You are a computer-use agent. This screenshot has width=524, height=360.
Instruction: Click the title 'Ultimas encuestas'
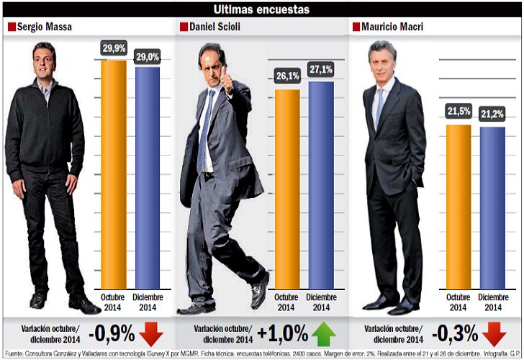pyautogui.click(x=262, y=9)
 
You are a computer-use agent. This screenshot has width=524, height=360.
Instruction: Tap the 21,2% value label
pyautogui.click(x=492, y=114)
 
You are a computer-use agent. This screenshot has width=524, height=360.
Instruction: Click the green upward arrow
pyautogui.click(x=324, y=334)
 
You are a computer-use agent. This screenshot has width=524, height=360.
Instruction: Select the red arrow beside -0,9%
pyautogui.click(x=153, y=334)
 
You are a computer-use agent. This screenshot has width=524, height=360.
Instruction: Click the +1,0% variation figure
pyautogui.click(x=282, y=334)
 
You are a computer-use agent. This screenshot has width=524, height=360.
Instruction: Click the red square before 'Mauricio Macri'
pyautogui.click(x=356, y=27)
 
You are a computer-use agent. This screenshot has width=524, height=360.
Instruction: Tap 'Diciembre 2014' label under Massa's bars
pyautogui.click(x=148, y=302)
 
